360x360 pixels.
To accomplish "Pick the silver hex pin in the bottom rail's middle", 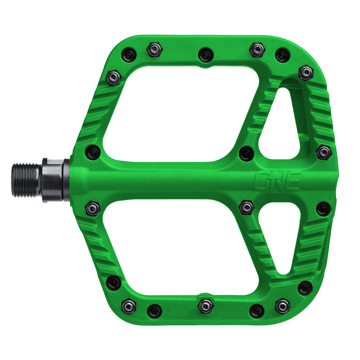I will tap(206, 305).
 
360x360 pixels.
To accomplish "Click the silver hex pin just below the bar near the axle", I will tap(93, 208).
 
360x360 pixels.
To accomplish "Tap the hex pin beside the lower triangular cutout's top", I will tap(246, 207).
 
